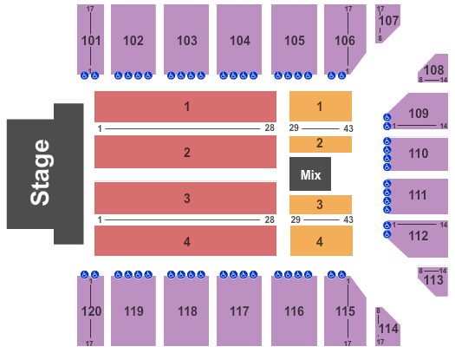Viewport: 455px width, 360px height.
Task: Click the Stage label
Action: coord(40,173)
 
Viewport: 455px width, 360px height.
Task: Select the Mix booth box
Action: coord(310,173)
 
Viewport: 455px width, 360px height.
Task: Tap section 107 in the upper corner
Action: coord(387,23)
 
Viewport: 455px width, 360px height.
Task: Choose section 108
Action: coord(433,69)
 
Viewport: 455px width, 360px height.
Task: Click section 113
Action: coord(433,281)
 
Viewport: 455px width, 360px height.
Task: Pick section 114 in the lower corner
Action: coord(387,327)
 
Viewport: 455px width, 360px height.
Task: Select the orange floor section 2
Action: coord(321,144)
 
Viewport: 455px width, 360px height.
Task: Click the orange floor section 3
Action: coord(321,205)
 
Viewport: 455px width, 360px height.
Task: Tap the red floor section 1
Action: coord(185,107)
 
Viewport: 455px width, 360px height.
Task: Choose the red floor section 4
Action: coord(185,241)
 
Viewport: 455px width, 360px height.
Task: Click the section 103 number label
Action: coord(187,41)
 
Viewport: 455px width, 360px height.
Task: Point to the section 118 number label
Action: coord(187,311)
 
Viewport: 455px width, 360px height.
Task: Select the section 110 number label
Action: coord(419,154)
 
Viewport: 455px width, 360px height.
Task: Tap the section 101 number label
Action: coord(91,41)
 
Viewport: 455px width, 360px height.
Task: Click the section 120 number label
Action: coord(91,311)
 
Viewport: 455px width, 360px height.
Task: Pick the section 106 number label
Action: coord(345,41)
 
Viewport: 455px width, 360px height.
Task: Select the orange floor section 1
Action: coord(321,106)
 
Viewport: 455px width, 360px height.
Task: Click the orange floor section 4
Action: coord(322,241)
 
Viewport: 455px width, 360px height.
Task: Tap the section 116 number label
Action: coord(295,311)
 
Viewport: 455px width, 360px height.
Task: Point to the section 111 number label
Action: coord(418,195)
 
